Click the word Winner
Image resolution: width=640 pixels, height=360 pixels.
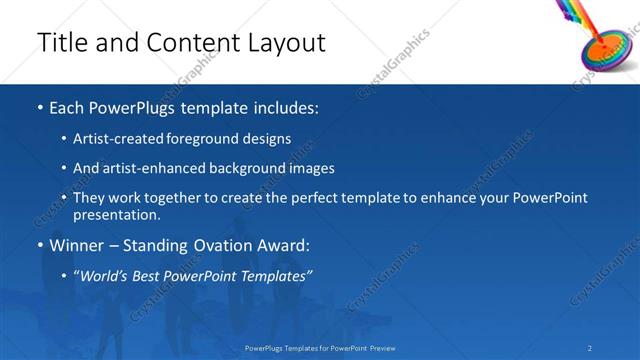(78, 246)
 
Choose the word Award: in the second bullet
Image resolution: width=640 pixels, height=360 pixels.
(284, 246)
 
